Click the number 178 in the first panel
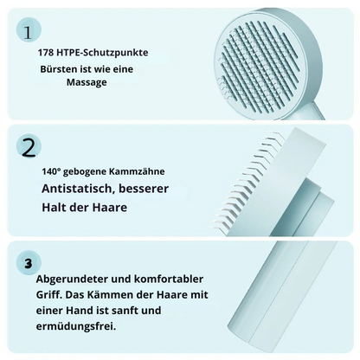[x=47, y=52]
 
